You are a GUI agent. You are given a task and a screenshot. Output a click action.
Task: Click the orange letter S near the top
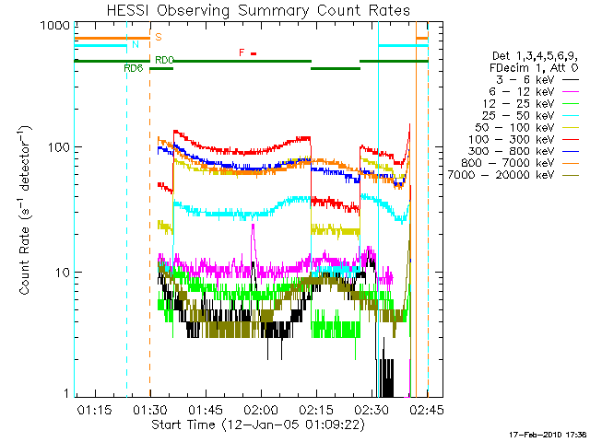coord(159,37)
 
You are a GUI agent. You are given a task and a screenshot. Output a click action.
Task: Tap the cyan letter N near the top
coord(136,44)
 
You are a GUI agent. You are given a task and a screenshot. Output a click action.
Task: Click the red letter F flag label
coord(242,52)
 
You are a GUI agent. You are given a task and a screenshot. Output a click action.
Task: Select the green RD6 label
coord(134,68)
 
